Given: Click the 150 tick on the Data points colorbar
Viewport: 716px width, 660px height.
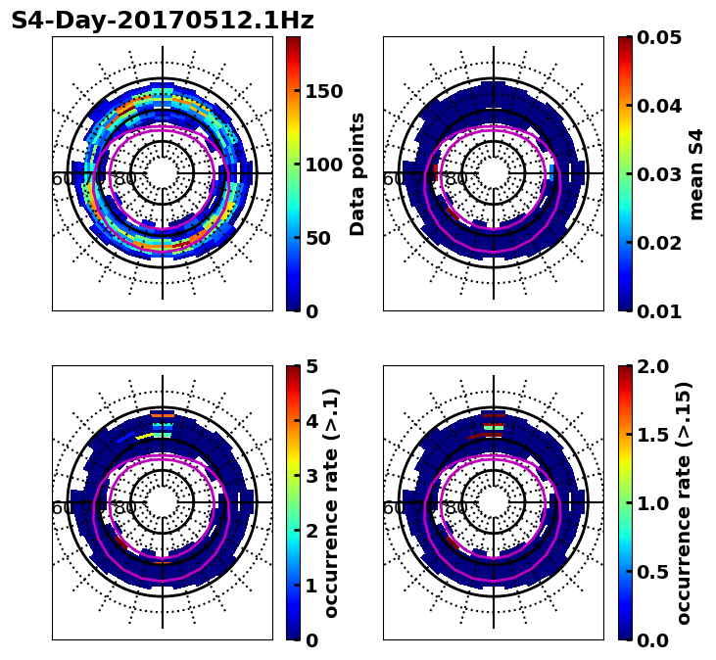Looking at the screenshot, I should tap(323, 91).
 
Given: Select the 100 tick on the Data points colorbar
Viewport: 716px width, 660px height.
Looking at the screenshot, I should tap(323, 165).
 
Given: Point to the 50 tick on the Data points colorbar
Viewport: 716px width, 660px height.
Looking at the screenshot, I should tap(317, 238).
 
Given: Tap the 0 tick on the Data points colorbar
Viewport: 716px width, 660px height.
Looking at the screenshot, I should tap(311, 311).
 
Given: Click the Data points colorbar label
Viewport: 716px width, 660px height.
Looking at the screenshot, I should tap(358, 173).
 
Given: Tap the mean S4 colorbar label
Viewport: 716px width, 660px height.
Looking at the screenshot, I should tap(696, 173).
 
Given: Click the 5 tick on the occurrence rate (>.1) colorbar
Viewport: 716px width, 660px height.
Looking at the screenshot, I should tap(311, 366).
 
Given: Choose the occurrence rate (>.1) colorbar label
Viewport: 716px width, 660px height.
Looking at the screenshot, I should tap(331, 502).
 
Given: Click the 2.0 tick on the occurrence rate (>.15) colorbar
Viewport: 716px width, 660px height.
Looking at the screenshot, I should tap(652, 366).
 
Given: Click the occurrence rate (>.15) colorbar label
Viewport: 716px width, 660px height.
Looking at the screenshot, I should tap(684, 502).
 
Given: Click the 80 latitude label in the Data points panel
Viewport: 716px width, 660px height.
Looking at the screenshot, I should tap(124, 179).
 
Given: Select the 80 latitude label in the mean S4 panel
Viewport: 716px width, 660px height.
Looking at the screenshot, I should tap(455, 179).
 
